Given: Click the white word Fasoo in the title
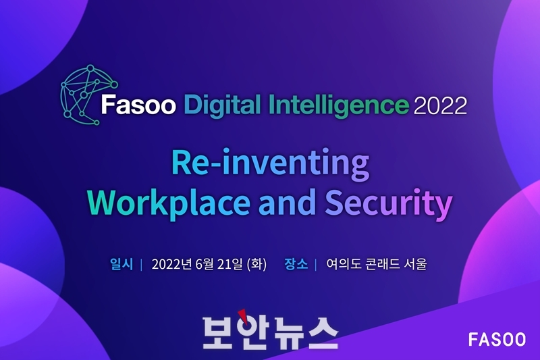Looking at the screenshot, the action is coord(138,105).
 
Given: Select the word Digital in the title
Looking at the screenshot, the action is coord(222,105).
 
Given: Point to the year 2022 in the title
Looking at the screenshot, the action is coord(440,105).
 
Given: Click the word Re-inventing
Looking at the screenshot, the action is coord(271,164).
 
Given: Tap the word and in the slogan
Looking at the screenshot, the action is coord(288,201).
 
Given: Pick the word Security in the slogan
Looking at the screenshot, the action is coord(389,203).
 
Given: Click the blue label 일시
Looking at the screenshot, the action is coord(122,264).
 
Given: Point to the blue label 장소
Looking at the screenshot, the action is coord(296,264).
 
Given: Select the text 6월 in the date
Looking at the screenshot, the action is coord(205,264).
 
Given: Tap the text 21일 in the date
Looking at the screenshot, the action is coord(230,264).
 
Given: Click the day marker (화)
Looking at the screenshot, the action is coord(256,264).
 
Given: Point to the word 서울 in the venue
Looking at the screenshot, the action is coord(416,264).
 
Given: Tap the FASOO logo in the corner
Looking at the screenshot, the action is coord(497,340).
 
